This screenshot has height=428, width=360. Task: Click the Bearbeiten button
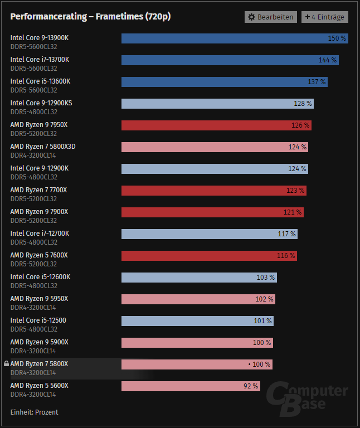pyautogui.click(x=270, y=17)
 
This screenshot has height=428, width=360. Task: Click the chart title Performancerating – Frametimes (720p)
pyautogui.click(x=90, y=17)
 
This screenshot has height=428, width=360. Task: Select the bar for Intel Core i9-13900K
pyautogui.click(x=234, y=38)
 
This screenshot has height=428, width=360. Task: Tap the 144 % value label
pyautogui.click(x=327, y=60)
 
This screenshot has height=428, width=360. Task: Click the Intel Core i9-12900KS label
pyautogui.click(x=41, y=103)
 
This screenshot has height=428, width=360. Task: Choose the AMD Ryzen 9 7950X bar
pyautogui.click(x=216, y=125)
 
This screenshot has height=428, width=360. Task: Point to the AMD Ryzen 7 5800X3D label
pyautogui.click(x=43, y=147)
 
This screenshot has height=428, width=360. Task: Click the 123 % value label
pyautogui.click(x=295, y=191)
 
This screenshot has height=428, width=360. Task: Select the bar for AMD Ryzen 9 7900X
pyautogui.click(x=212, y=212)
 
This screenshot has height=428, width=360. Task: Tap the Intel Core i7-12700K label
pyautogui.click(x=40, y=234)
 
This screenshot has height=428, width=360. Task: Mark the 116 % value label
pyautogui.click(x=286, y=256)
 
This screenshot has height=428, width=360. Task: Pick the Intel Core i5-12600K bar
pyautogui.click(x=199, y=278)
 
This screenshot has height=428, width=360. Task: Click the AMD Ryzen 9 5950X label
pyautogui.click(x=39, y=299)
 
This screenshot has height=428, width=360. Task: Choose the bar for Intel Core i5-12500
pyautogui.click(x=197, y=321)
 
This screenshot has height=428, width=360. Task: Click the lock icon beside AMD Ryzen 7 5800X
pyautogui.click(x=6, y=364)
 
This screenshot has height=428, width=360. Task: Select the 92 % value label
pyautogui.click(x=250, y=386)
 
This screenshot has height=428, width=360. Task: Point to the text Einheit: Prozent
pyautogui.click(x=34, y=412)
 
